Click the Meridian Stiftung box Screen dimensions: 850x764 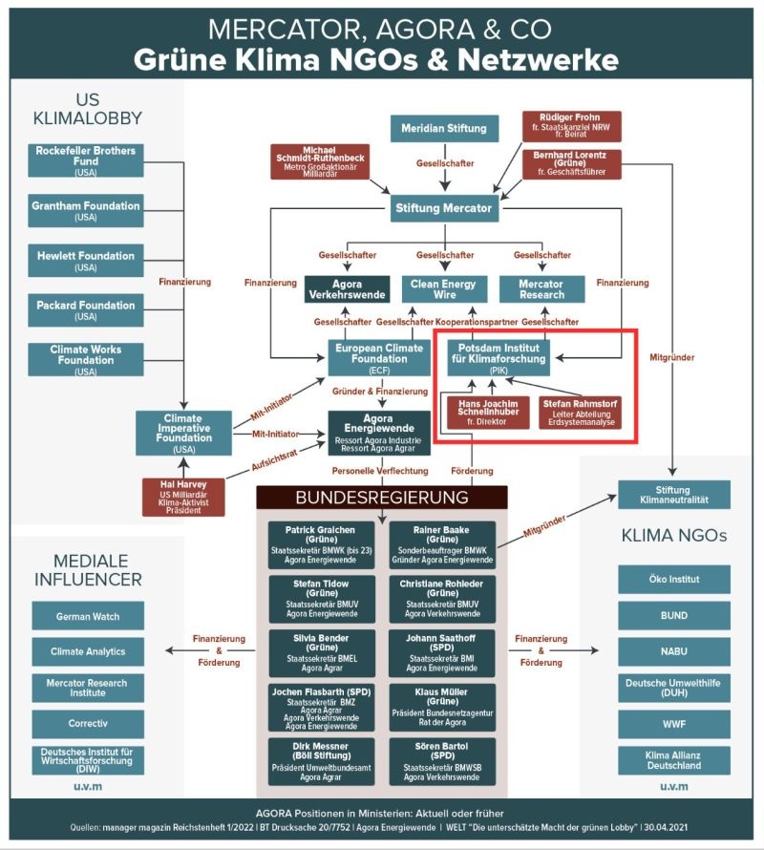tap(444, 128)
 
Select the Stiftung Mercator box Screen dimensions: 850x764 tap(444, 207)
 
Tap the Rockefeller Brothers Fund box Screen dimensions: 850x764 tap(86, 159)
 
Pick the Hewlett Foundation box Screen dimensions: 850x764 tap(86, 260)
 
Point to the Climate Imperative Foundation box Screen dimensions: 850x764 tap(183, 433)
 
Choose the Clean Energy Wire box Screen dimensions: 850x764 tap(444, 289)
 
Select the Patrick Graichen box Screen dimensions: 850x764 tap(321, 543)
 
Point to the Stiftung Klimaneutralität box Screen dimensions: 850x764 tap(674, 494)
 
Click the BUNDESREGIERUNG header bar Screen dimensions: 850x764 tap(382, 498)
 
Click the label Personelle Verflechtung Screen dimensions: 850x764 tap(380, 471)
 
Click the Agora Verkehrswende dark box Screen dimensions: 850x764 tap(347, 289)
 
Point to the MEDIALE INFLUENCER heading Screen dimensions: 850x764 tap(87, 569)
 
